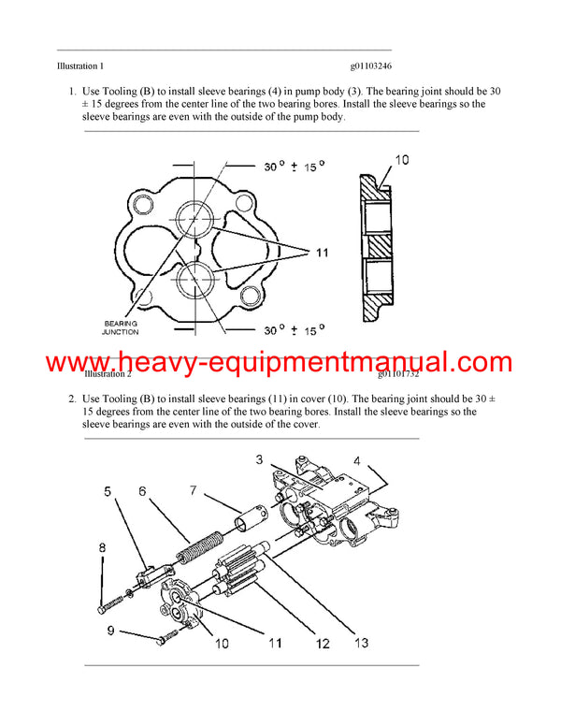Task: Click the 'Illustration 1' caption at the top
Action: tap(80, 66)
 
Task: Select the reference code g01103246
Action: tap(371, 66)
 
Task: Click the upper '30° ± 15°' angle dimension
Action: tap(294, 167)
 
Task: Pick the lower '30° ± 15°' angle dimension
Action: tap(294, 329)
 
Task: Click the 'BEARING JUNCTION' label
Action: tap(121, 327)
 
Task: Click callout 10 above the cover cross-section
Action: tap(400, 160)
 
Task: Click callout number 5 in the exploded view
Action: tap(108, 491)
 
